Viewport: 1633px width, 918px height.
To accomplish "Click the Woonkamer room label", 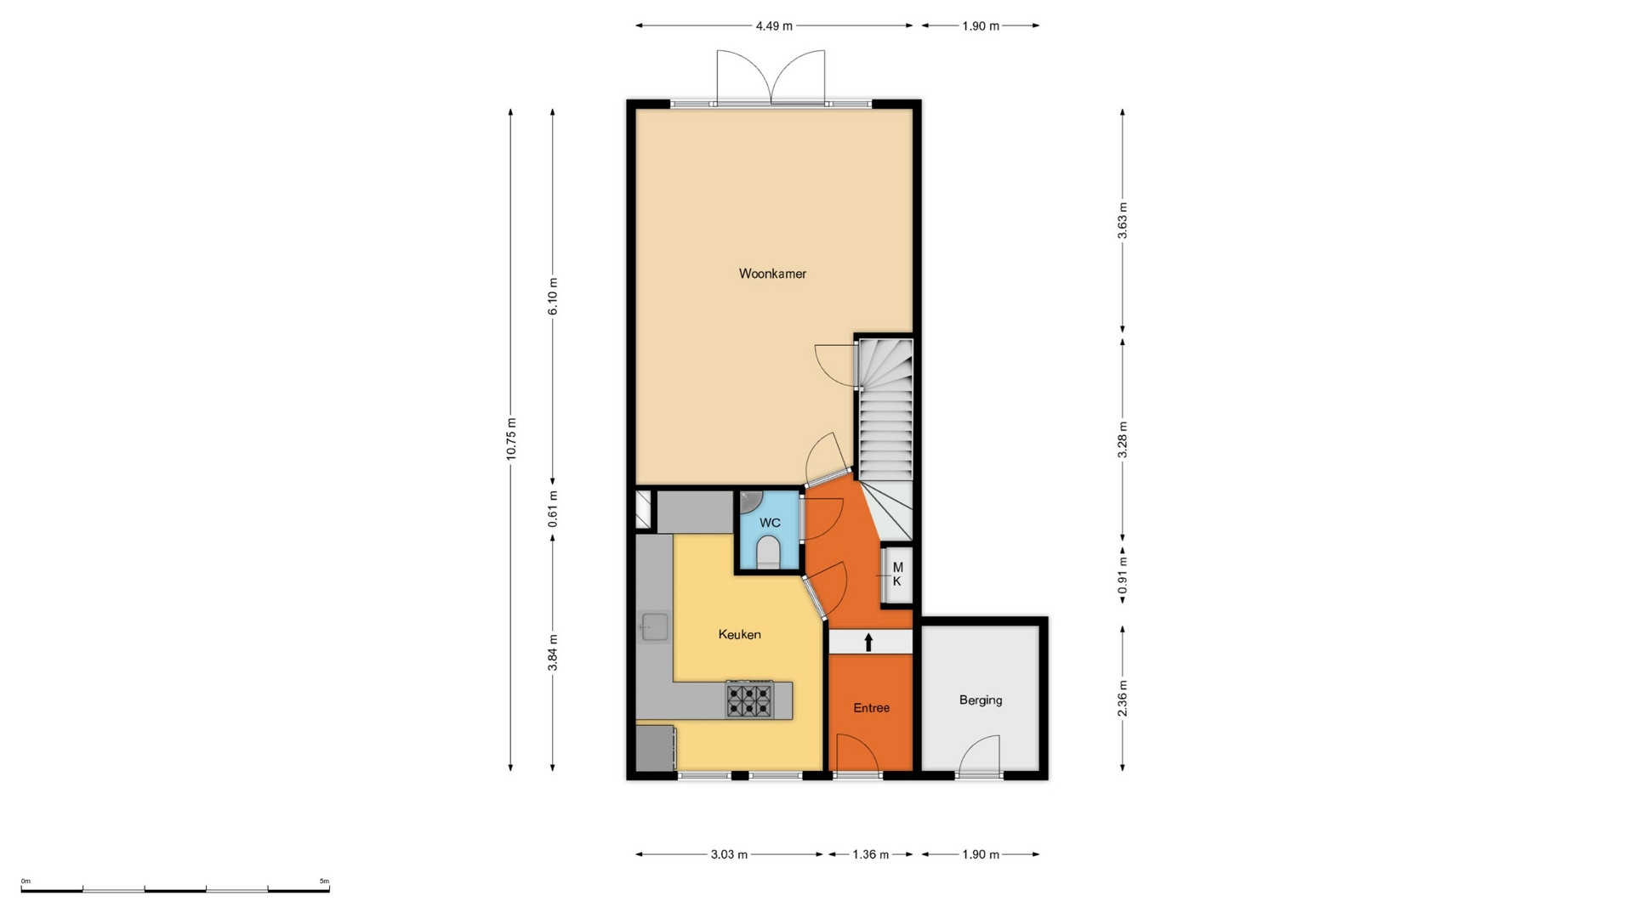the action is pyautogui.click(x=772, y=274).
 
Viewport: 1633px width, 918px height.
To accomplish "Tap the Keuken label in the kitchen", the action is pyautogui.click(x=739, y=634).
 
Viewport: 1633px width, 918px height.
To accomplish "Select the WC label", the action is pyautogui.click(x=770, y=523).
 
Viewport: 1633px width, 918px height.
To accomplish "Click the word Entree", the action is pyautogui.click(x=872, y=707).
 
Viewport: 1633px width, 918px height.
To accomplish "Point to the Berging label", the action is pyautogui.click(x=981, y=700).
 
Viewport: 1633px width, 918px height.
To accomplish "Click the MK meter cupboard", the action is pyautogui.click(x=896, y=575).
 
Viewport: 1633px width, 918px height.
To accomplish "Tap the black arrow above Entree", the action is pyautogui.click(x=868, y=642).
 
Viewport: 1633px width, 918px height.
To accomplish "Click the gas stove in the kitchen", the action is pyautogui.click(x=749, y=700).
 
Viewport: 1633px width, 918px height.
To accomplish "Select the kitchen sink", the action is pyautogui.click(x=654, y=627).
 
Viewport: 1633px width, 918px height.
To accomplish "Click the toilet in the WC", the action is pyautogui.click(x=768, y=552).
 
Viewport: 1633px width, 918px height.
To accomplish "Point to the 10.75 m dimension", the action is pyautogui.click(x=510, y=439).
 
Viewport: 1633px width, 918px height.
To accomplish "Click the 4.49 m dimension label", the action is pyautogui.click(x=774, y=26).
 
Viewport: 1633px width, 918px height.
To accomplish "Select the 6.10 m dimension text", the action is pyautogui.click(x=553, y=297).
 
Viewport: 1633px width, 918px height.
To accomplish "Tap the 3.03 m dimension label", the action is pyautogui.click(x=729, y=854).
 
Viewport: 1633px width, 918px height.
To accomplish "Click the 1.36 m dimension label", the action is pyautogui.click(x=870, y=854).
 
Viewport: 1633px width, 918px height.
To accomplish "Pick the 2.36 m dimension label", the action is pyautogui.click(x=1123, y=698).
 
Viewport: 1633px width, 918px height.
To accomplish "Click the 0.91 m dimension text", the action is pyautogui.click(x=1123, y=575).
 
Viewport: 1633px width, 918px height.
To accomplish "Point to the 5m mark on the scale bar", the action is pyautogui.click(x=324, y=881).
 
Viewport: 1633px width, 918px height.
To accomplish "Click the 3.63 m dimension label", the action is pyautogui.click(x=1123, y=220).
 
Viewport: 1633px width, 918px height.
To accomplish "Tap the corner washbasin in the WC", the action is pyautogui.click(x=748, y=500).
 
